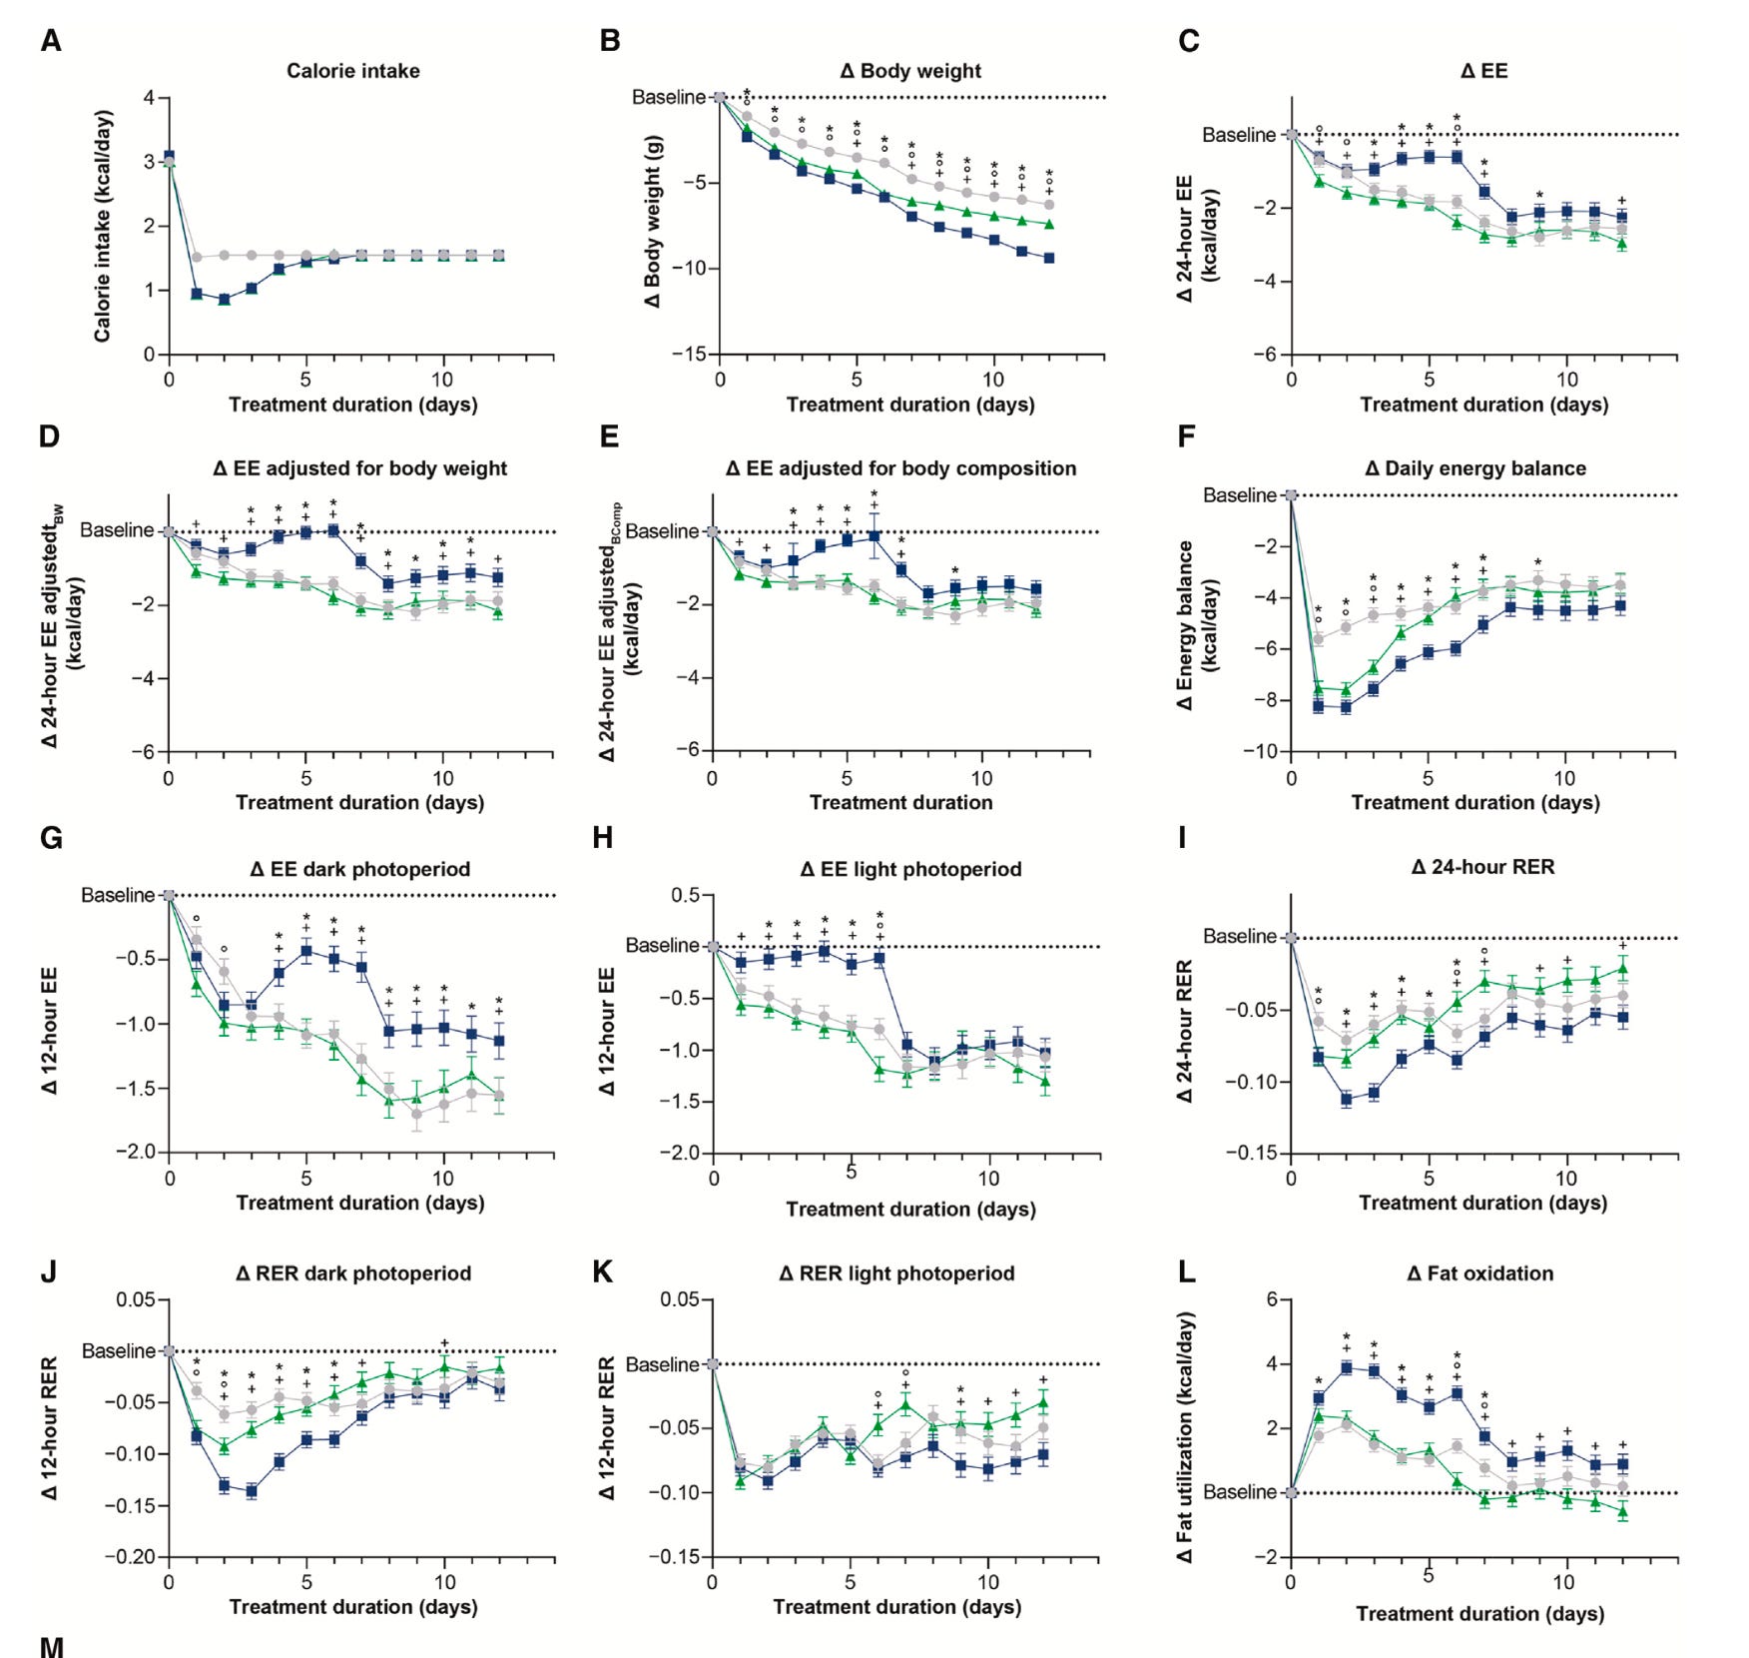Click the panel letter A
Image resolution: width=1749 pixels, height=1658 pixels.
[x=51, y=41]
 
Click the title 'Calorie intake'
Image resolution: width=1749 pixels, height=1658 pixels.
[x=352, y=71]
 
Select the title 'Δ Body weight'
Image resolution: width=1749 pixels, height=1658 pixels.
[x=910, y=71]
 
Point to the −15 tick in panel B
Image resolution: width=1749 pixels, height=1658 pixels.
[x=688, y=355]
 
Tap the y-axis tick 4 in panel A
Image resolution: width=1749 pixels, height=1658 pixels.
[x=149, y=98]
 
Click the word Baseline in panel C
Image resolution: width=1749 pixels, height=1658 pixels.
[x=1239, y=135]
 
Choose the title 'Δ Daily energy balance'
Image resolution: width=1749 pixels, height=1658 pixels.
[x=1474, y=468]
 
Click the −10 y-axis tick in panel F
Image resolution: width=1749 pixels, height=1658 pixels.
[x=1259, y=751]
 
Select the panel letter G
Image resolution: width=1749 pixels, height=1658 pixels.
[x=51, y=837]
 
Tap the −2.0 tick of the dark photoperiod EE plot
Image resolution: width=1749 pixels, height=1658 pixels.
[x=136, y=1152]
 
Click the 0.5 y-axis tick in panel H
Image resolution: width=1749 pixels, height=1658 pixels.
[x=686, y=895]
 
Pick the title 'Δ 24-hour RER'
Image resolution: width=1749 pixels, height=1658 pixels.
[x=1482, y=867]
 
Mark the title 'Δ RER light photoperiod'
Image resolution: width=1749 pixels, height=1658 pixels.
[x=896, y=1273]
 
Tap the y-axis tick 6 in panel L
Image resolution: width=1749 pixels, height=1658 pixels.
[x=1272, y=1299]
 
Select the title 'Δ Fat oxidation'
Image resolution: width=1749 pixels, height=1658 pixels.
[x=1479, y=1273]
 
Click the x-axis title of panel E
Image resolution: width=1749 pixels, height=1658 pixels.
[x=900, y=802]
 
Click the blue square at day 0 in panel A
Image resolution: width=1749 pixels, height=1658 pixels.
[x=169, y=157]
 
